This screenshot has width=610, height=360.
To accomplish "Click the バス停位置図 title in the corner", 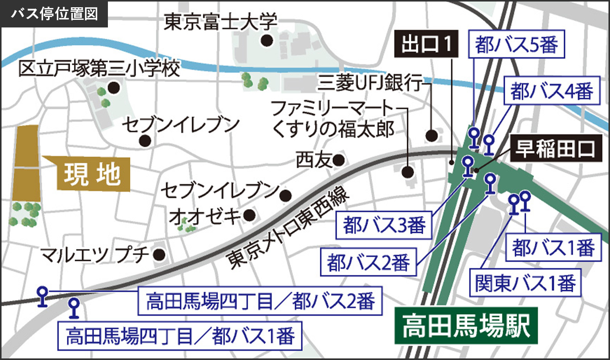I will coord(54,14).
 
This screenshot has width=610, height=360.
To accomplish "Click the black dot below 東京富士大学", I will coord(267,40).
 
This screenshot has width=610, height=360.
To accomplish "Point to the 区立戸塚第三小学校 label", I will coord(99,69).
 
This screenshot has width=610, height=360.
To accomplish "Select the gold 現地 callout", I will coord(91,174).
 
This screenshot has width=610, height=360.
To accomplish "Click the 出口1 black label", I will coord(426,44).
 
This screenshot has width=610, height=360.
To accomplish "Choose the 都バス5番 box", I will coord(516,45).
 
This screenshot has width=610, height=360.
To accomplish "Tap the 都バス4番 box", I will coord(552,91).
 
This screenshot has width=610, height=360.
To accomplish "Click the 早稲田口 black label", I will coord(555,148).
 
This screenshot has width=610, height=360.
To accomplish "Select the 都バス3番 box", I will coord(384,225).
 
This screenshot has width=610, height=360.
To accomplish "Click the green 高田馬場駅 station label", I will coord(466,325).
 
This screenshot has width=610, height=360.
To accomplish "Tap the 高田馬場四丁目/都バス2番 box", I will coord(260,301).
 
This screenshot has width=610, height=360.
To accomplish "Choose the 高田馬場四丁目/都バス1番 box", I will coord(180,336).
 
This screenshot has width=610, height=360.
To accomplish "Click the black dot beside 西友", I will coord(339,160).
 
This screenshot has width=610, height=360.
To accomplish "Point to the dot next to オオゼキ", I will coord(249,215).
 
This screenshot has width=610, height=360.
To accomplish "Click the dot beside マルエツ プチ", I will coord(159,254).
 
